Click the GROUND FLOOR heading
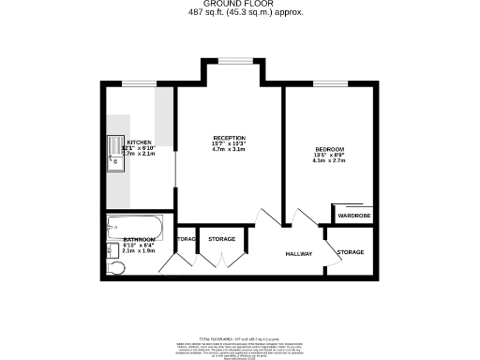point(239,5)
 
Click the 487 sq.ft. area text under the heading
point(239,13)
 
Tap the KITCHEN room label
point(139,142)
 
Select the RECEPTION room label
point(229,137)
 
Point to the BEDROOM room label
point(329,150)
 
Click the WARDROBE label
point(354,217)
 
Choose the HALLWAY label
point(298,254)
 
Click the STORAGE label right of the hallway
point(351,252)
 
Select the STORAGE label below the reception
point(221,239)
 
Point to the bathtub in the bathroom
point(135,226)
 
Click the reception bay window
point(229,62)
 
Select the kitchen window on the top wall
point(139,83)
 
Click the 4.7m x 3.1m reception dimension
point(229,150)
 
